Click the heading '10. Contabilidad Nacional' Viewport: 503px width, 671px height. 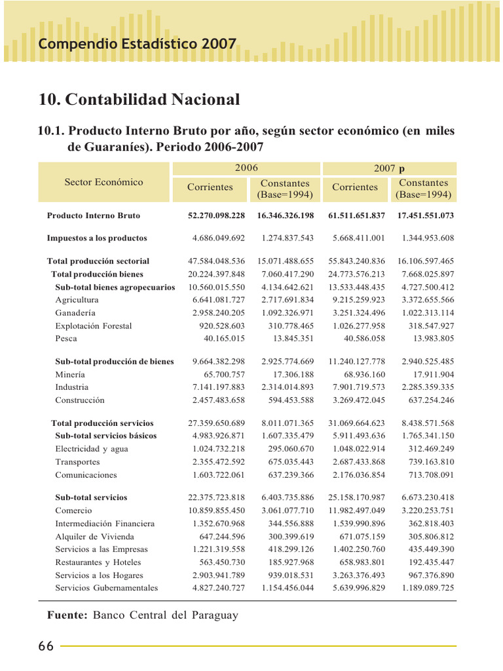tap(140, 100)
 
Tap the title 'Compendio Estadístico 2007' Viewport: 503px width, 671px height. tap(137, 45)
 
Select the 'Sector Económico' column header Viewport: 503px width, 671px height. tap(103, 182)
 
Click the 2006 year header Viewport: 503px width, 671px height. tap(246, 168)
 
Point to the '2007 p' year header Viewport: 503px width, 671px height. tap(390, 168)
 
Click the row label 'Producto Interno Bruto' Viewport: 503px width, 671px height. tap(93, 216)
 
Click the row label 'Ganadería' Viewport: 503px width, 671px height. tap(75, 313)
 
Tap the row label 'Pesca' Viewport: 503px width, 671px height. tap(66, 339)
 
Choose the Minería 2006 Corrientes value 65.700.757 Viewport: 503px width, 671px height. tap(224, 375)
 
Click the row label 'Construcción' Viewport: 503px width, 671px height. tap(80, 400)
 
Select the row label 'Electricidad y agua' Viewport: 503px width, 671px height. tap(92, 450)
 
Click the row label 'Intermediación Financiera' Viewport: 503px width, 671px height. tap(105, 524)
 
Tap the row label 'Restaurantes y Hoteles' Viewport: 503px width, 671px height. tap(98, 563)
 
